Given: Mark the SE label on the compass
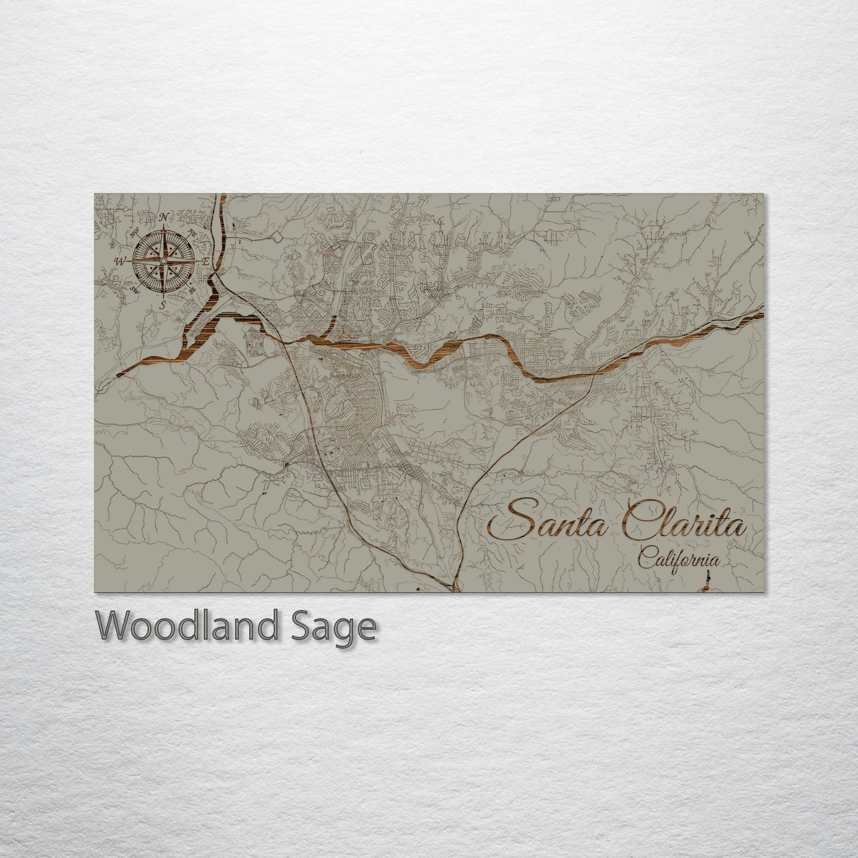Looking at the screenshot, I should coord(191,290).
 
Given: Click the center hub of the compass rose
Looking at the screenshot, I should coord(163,261).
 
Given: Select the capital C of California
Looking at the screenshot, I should coord(645,558).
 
